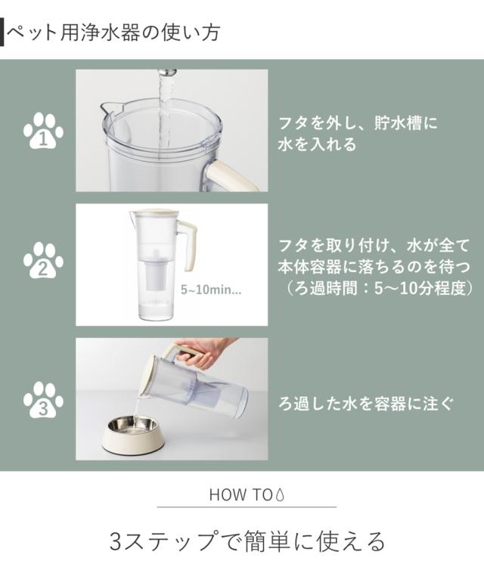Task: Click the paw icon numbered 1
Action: pos(43,131)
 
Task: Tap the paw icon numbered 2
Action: pos(43,260)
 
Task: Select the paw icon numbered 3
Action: pos(43,400)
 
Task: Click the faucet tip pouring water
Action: pos(168,73)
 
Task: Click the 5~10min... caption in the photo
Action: pos(211,290)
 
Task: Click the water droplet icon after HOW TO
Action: pos(280,494)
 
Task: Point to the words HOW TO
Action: pos(240,495)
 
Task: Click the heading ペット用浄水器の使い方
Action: pos(113,33)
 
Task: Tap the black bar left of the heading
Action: pos(2,33)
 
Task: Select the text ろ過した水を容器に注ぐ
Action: pos(365,404)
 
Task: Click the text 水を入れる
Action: pos(317,144)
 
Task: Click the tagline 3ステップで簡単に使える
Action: pos(247,541)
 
